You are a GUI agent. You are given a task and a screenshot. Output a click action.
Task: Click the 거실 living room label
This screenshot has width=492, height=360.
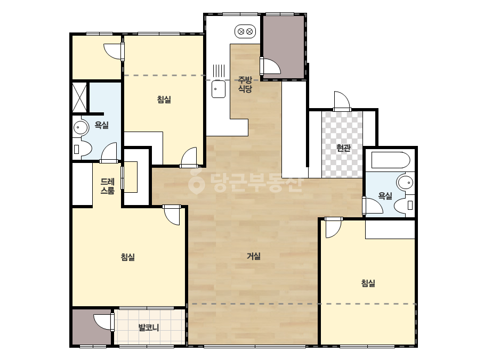(x=254, y=256)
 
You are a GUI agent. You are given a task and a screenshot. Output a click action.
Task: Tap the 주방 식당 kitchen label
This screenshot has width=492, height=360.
(x=245, y=84)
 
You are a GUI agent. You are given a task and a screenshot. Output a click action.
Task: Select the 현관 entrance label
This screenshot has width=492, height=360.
(x=343, y=148)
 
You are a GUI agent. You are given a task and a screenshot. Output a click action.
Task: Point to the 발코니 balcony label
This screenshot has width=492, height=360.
(x=149, y=328)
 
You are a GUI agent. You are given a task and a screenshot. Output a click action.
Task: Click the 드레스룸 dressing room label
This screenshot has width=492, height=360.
(x=107, y=186)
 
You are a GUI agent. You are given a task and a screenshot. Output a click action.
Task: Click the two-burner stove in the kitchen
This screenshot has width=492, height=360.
(x=245, y=31)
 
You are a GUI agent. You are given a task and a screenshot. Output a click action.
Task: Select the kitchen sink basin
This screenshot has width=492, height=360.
(x=219, y=89)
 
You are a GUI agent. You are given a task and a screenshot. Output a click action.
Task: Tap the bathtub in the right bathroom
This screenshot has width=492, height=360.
(x=391, y=160)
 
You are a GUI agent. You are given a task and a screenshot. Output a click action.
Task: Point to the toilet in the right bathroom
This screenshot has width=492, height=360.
(x=404, y=206)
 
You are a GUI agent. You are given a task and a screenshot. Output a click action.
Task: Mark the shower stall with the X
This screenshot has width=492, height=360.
(x=79, y=97)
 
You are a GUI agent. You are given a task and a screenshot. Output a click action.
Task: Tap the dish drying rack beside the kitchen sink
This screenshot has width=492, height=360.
(x=219, y=70)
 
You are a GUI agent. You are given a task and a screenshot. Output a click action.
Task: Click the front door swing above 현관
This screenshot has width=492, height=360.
(x=342, y=100)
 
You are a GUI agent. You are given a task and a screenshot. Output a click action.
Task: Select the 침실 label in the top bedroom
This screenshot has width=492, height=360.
(x=164, y=100)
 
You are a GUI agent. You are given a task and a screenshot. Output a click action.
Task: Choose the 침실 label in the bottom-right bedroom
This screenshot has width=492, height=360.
(x=368, y=283)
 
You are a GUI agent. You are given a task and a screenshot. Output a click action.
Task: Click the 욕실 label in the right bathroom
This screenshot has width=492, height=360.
(x=385, y=196)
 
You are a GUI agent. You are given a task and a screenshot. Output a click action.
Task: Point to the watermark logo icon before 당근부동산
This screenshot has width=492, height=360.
(x=196, y=181)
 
